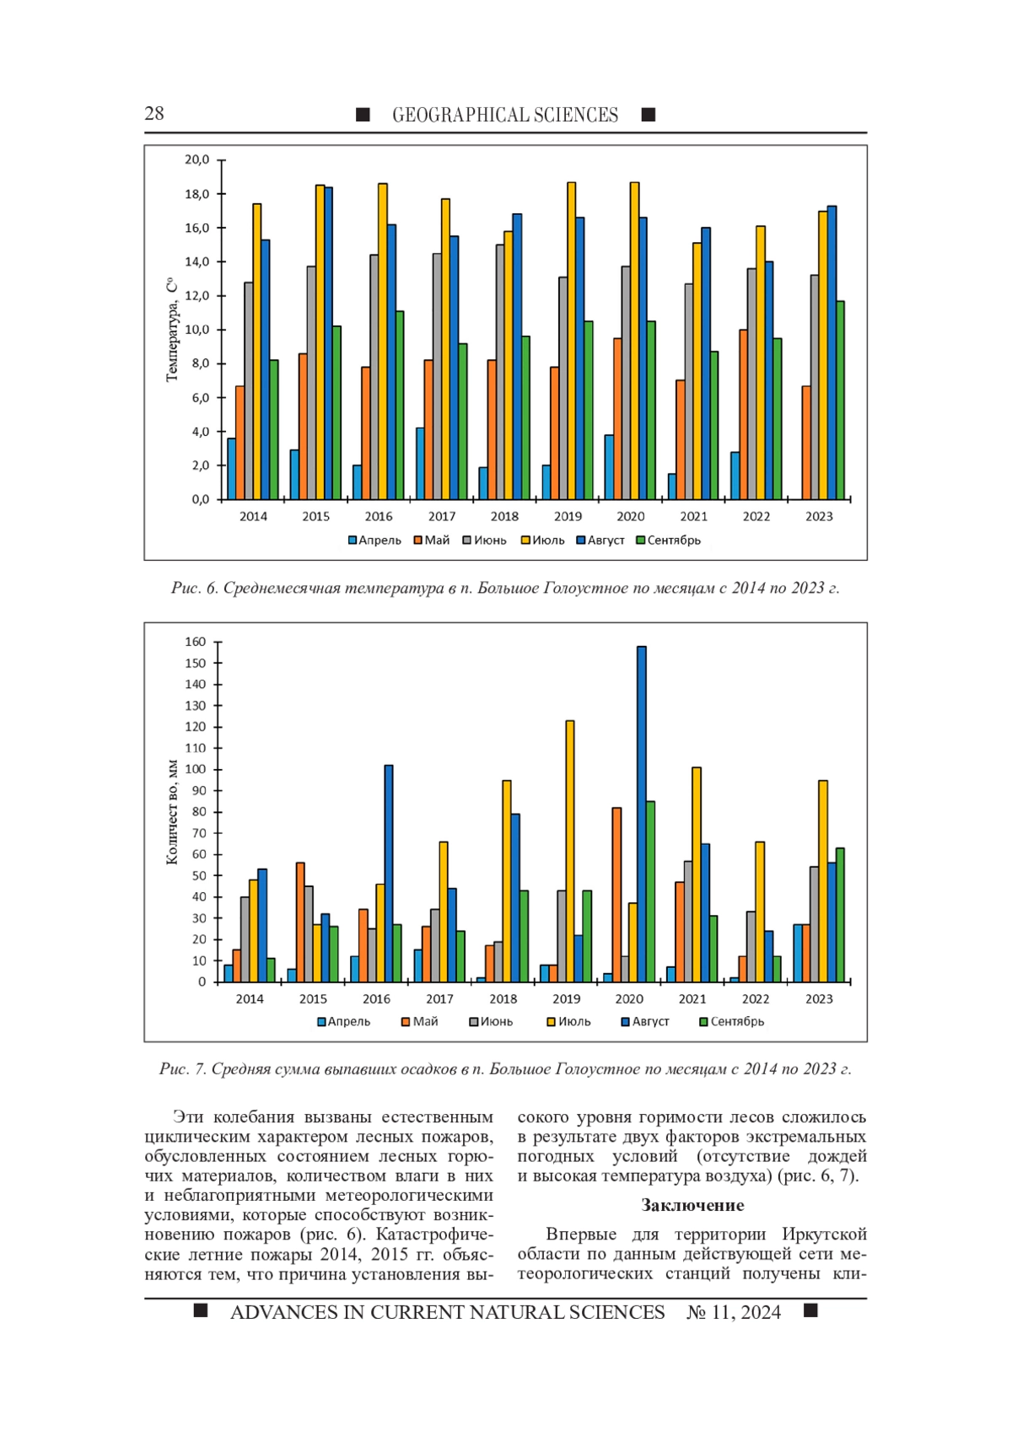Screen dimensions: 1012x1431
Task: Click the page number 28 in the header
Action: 154,114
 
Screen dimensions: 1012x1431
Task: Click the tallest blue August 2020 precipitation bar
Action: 642,814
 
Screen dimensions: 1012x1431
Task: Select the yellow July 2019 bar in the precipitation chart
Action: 570,851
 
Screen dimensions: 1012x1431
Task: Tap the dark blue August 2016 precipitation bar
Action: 389,874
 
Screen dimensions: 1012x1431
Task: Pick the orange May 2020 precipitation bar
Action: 616,895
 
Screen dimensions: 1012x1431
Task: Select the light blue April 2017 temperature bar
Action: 420,464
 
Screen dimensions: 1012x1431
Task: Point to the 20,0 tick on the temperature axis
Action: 196,159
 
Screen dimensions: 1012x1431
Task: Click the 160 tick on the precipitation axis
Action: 196,642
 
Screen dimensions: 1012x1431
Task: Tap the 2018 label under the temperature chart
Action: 504,516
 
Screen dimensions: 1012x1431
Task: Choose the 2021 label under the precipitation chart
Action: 692,999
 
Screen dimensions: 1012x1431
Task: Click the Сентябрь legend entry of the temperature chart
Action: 669,541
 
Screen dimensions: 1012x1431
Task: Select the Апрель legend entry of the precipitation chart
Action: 344,1021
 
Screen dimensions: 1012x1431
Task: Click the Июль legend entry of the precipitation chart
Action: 569,1021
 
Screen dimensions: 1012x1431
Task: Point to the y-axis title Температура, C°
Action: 171,330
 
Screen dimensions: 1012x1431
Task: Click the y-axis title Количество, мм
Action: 171,812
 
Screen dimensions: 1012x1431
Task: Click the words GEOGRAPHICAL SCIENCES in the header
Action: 504,115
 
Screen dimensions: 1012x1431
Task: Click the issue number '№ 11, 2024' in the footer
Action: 734,1312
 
